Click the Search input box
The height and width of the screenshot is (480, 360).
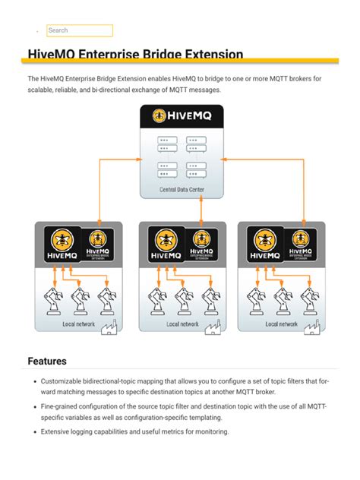click(x=79, y=30)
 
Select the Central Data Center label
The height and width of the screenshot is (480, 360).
click(x=181, y=190)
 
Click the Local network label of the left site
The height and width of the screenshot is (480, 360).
click(x=79, y=324)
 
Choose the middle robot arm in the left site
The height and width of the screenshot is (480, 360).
click(x=78, y=299)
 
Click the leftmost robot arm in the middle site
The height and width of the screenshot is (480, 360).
click(x=158, y=299)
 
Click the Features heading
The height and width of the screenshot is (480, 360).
click(x=47, y=362)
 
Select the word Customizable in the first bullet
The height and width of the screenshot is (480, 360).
click(x=64, y=381)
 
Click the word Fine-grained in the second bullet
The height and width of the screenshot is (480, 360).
click(x=61, y=407)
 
